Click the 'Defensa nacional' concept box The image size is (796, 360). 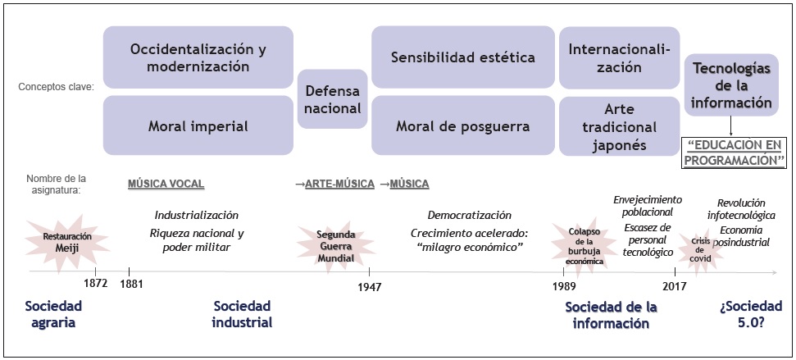[332, 98]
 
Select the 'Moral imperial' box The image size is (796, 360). [198, 126]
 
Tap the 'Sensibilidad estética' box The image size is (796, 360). [462, 57]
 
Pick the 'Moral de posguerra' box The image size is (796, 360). [462, 126]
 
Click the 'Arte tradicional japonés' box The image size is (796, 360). [619, 127]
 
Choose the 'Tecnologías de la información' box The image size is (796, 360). [729, 86]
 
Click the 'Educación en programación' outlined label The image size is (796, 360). [734, 152]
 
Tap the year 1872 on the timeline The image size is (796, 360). [96, 285]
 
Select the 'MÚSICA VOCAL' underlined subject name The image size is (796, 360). [166, 183]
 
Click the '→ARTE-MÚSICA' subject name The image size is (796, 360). [334, 183]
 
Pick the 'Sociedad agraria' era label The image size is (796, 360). [54, 314]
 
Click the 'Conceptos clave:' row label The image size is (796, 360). [59, 85]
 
